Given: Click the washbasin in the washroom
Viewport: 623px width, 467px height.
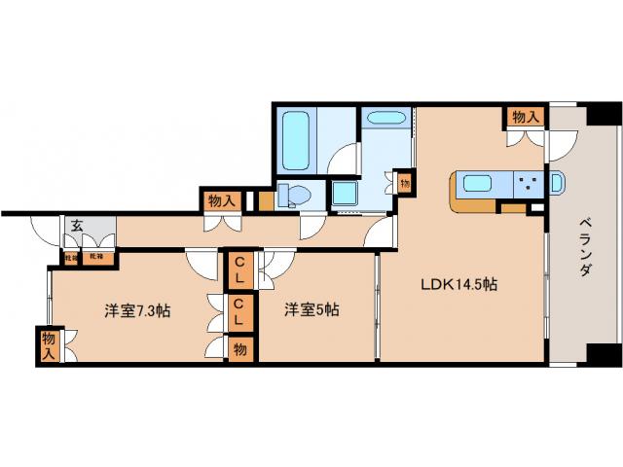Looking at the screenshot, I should [386, 121].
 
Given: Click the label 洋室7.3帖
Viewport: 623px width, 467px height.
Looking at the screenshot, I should [139, 311].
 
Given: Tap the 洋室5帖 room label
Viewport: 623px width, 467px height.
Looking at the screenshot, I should [312, 311].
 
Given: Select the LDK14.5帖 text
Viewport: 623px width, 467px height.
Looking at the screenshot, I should [459, 285].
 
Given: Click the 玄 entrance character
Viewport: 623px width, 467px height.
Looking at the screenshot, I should [76, 226].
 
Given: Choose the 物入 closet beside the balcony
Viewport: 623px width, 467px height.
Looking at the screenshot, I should [525, 117].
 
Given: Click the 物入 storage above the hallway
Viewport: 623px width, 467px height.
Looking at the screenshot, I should [221, 200].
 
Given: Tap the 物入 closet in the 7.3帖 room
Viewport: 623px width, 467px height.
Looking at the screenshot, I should [48, 345].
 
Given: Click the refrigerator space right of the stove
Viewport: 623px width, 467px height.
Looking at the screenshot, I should [558, 183].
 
